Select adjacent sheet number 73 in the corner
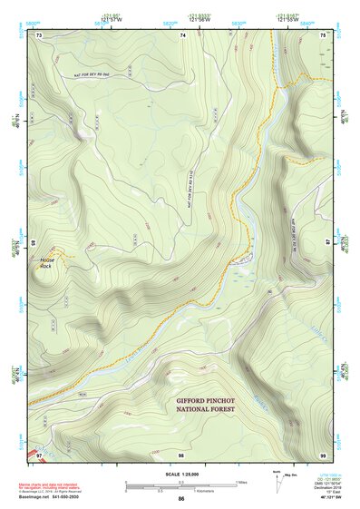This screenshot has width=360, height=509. click(x=39, y=34)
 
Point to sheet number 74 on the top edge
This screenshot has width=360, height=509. click(x=182, y=34)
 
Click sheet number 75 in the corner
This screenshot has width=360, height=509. click(x=324, y=34)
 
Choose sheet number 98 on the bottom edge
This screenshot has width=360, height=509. click(x=181, y=454)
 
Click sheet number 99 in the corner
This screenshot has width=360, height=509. click(x=324, y=454)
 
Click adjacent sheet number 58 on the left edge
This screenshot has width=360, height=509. click(x=34, y=243)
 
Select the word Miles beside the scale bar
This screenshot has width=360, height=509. click(x=242, y=482)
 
